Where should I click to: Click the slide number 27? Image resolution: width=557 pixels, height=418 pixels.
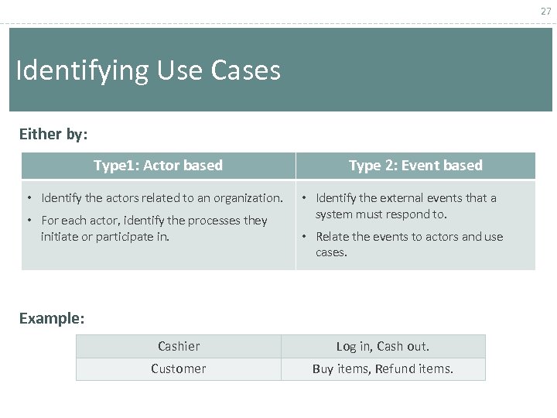tap(546, 11)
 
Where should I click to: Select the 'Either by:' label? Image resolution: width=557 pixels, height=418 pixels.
tap(53, 134)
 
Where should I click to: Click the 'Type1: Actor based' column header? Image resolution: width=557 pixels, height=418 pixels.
tap(158, 166)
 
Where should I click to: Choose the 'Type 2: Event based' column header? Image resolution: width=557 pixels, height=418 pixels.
tap(415, 166)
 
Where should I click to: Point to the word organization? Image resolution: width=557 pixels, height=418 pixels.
tap(248, 198)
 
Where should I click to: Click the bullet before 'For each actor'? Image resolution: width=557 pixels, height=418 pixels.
tap(29, 221)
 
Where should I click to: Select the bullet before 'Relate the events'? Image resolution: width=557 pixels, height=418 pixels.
tap(306, 237)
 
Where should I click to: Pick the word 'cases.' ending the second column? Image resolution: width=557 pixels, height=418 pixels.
tap(332, 252)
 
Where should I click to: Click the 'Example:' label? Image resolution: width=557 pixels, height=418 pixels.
tap(52, 318)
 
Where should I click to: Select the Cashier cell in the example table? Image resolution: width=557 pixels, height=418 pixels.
tap(179, 346)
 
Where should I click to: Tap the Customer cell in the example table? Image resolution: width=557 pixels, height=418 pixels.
tap(179, 369)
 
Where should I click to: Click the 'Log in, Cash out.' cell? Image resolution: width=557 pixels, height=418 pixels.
tap(383, 346)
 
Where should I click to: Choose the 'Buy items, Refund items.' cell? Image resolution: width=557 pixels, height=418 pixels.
tap(383, 369)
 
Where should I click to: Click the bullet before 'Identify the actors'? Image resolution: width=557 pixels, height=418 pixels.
tap(29, 198)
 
